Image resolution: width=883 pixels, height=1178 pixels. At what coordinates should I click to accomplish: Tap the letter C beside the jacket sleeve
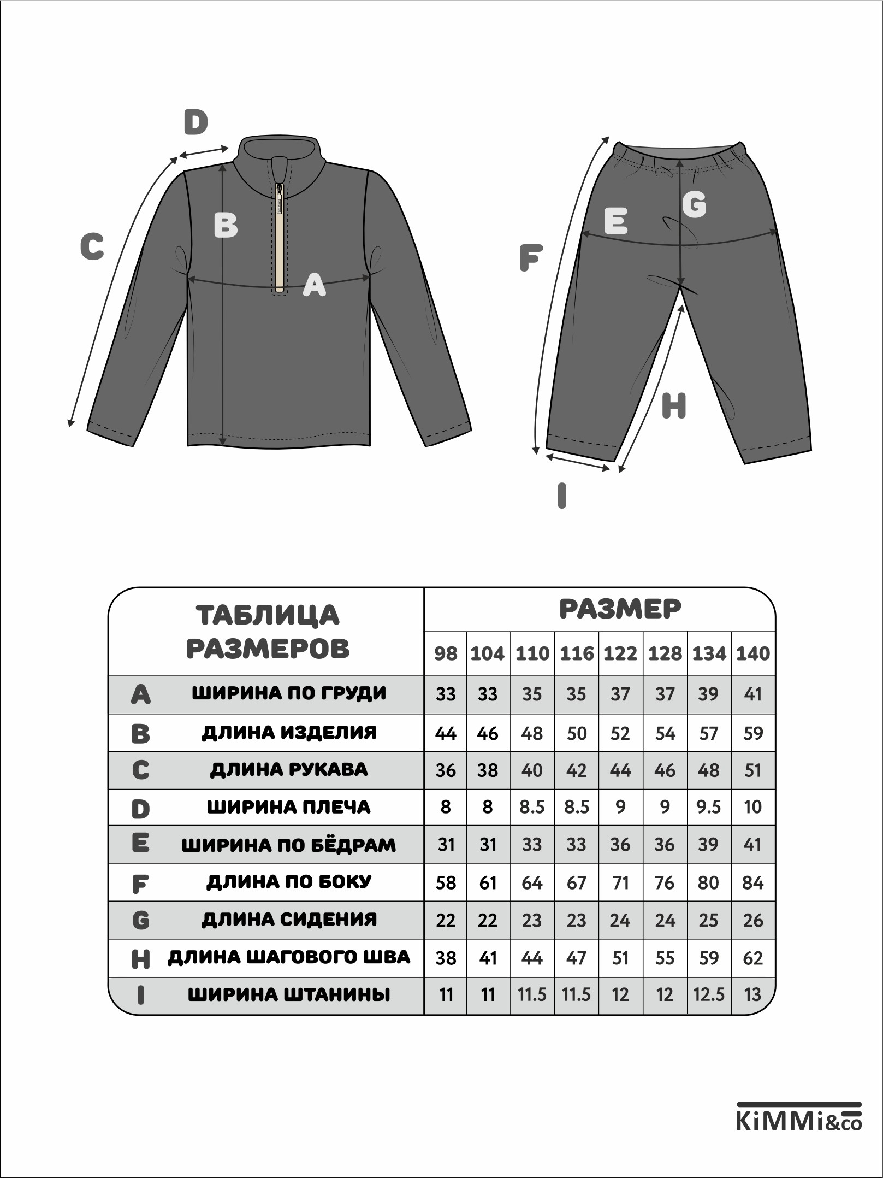click(x=92, y=246)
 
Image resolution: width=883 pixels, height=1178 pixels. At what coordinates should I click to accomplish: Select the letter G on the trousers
click(x=694, y=205)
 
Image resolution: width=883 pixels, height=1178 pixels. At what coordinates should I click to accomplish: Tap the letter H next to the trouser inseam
click(x=673, y=406)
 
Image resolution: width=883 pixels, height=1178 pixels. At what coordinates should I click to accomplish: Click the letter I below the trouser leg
click(x=562, y=496)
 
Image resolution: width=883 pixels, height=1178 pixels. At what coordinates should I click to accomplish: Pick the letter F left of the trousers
click(x=531, y=258)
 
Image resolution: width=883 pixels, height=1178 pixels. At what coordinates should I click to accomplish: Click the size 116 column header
click(x=577, y=653)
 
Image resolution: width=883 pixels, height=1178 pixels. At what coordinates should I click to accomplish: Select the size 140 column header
click(x=753, y=653)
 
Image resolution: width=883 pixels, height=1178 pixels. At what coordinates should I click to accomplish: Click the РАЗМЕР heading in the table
click(x=620, y=609)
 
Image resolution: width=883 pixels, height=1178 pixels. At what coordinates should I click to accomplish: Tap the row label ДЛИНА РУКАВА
click(x=289, y=770)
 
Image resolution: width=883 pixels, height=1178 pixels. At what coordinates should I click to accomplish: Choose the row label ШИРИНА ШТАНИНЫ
click(x=289, y=994)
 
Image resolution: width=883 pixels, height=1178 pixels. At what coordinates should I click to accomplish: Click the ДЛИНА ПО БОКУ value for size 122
click(x=620, y=882)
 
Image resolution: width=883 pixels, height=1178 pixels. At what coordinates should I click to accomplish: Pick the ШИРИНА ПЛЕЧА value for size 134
click(x=709, y=807)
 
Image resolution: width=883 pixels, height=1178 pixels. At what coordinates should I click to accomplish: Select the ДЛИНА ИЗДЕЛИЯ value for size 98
click(x=446, y=733)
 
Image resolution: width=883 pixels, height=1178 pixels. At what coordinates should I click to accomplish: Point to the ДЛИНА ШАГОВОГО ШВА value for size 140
click(x=753, y=958)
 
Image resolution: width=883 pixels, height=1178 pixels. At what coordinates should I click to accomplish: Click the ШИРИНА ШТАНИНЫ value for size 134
click(x=709, y=994)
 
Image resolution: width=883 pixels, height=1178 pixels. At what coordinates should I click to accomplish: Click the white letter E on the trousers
click(x=615, y=221)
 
